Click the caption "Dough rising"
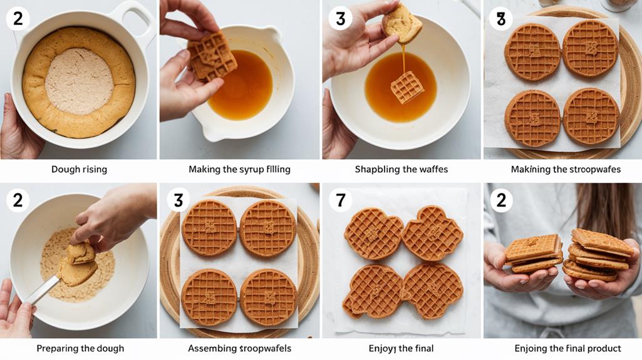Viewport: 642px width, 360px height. point(79,170)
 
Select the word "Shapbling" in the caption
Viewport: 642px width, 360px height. point(376,170)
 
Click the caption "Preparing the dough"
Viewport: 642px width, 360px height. point(80,348)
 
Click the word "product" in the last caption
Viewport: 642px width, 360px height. point(603,348)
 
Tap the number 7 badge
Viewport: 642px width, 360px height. point(340,200)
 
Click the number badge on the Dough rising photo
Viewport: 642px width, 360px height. point(18,19)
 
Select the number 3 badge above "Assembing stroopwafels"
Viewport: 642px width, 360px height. point(179,200)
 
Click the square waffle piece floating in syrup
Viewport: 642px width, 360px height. point(406,87)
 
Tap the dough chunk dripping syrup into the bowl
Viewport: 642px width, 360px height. point(402,23)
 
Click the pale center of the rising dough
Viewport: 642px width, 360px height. point(79,81)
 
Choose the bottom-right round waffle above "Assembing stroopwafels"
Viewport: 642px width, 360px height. point(269,297)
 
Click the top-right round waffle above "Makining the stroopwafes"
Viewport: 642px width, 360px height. point(590,48)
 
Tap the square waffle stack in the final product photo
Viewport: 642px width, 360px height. point(533,253)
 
